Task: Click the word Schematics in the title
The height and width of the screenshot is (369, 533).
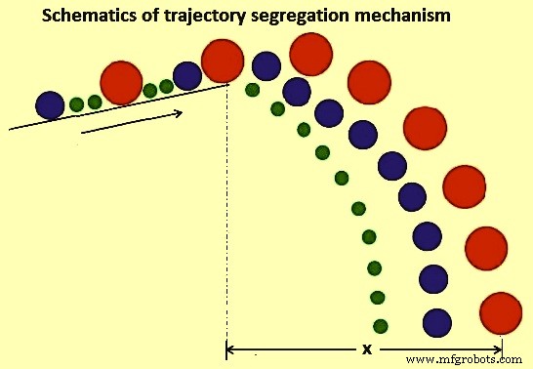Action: [x=89, y=16]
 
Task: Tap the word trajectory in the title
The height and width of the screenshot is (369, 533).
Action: [x=204, y=17]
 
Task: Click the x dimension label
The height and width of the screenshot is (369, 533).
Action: [x=367, y=349]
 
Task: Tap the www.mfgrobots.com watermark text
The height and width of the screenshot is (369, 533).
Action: [x=464, y=359]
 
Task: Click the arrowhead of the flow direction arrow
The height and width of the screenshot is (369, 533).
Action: [x=179, y=113]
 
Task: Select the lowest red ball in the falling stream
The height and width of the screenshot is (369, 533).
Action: [x=501, y=313]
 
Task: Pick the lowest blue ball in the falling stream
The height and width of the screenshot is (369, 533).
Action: [x=437, y=323]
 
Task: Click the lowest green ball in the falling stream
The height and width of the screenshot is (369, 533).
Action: [x=381, y=326]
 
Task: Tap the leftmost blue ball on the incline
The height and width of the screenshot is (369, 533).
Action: [x=50, y=105]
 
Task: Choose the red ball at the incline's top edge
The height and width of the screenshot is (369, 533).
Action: [x=223, y=61]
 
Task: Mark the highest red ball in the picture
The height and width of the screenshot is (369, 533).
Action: [x=311, y=54]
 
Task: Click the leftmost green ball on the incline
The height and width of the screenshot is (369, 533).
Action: [x=76, y=104]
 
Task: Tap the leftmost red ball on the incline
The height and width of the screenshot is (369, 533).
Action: [x=121, y=83]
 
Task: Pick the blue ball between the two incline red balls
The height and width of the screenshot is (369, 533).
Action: [x=187, y=76]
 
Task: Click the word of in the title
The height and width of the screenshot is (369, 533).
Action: [x=150, y=16]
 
